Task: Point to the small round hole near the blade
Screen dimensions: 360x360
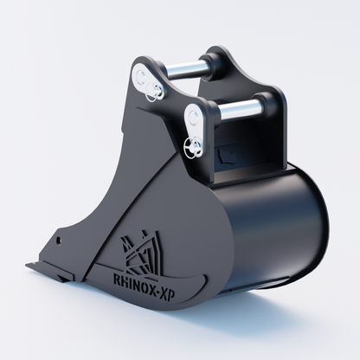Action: [59, 240]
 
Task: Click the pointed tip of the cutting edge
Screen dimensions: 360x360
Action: [27, 265]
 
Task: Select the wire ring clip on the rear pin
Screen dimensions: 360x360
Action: [153, 91]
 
